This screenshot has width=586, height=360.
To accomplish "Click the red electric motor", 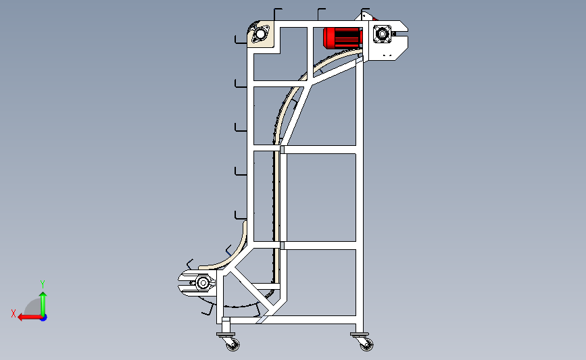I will pos(343,38).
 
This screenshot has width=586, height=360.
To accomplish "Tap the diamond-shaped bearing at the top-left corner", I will pos(259,34).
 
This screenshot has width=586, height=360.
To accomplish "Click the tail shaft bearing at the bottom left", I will pos(202,283).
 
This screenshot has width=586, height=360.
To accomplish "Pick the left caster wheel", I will pos(232,344).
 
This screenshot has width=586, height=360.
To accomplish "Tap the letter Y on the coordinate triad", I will pos(42,284).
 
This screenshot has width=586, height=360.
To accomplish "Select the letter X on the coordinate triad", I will pos(13,313).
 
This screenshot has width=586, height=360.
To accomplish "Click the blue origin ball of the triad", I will pos(43,316).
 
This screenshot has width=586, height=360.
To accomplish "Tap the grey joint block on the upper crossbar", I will pos(282,150).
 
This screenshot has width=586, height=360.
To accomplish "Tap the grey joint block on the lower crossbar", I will pos(282,245).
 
